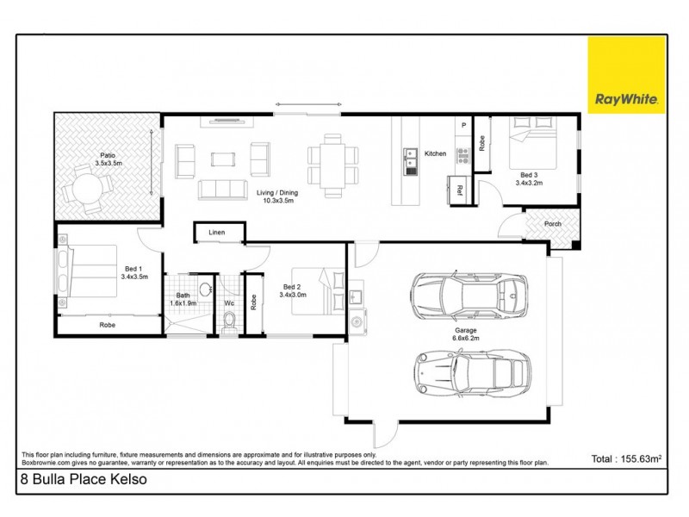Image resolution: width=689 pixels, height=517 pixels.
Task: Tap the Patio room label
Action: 108,159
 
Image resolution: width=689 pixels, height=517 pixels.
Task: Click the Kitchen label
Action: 436,153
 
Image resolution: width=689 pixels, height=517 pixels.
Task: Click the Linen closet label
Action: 218,232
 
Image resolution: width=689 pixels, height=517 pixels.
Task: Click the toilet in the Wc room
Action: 229,321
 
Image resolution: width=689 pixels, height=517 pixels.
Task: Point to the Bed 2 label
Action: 292,290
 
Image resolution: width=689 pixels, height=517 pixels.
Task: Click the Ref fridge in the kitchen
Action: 457,190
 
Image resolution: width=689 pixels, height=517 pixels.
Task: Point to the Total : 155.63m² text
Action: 625,458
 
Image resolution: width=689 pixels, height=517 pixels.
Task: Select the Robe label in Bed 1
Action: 108,325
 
